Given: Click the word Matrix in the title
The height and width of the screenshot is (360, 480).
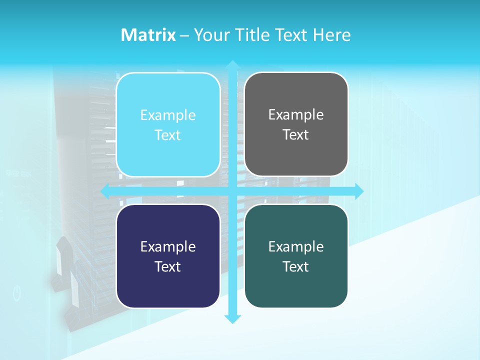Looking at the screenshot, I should (148, 35).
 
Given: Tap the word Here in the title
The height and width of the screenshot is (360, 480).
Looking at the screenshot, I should (331, 35).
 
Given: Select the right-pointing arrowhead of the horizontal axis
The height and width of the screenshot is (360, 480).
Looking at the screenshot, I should (359, 191).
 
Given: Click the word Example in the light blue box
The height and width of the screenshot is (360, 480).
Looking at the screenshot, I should (168, 115).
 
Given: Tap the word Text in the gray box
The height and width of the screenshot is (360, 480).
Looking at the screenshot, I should (296, 135).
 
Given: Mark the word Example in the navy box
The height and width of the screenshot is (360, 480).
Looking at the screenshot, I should (168, 247).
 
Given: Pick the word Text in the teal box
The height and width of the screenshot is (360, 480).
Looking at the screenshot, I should (296, 267).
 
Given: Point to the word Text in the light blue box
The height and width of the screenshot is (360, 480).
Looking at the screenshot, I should (168, 135).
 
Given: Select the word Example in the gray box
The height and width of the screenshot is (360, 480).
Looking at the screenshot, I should (296, 115).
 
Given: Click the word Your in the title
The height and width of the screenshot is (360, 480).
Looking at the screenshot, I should (210, 35).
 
